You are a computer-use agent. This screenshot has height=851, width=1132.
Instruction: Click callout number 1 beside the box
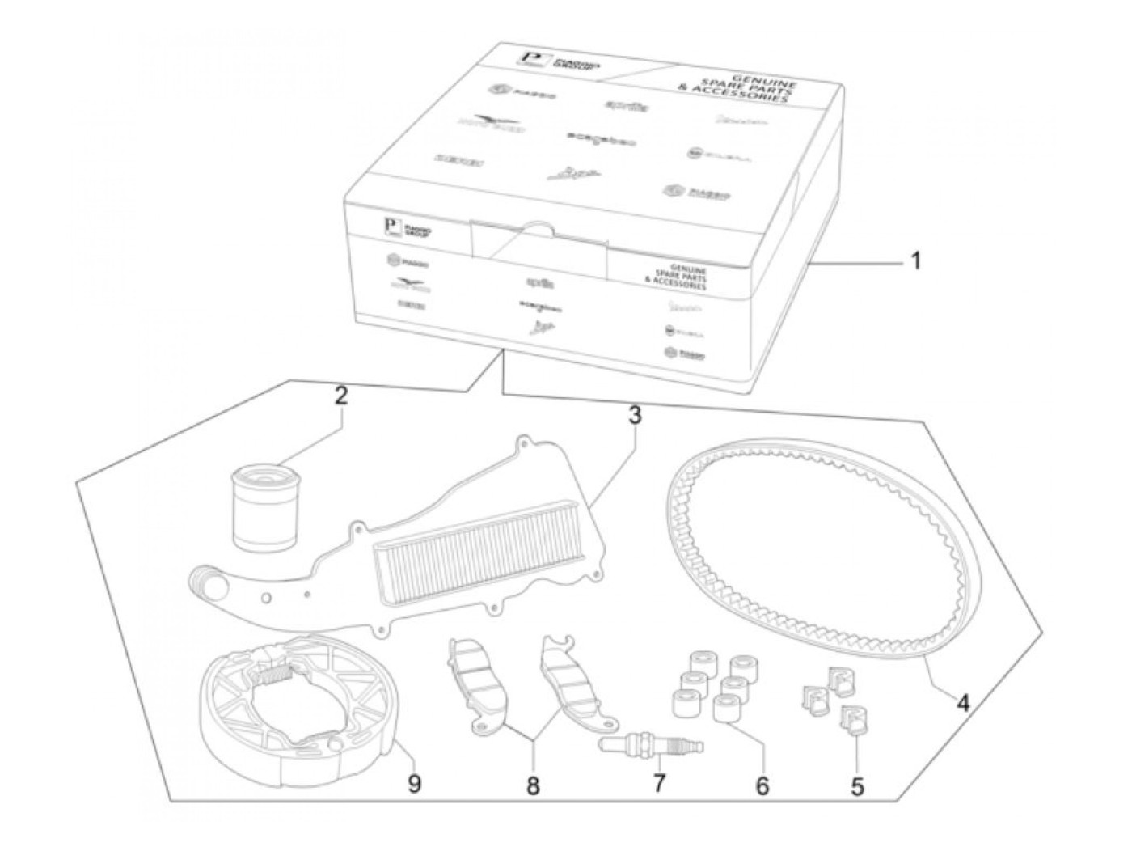(914, 261)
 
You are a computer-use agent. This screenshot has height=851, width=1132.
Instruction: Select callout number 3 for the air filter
(635, 416)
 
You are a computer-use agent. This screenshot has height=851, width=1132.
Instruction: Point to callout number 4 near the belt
(961, 703)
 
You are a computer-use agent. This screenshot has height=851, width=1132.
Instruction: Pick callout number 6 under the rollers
(762, 785)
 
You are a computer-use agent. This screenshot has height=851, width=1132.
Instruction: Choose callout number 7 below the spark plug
(659, 783)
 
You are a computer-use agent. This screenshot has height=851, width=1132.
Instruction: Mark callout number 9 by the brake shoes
(414, 783)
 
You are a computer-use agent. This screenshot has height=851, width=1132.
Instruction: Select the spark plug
(652, 744)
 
